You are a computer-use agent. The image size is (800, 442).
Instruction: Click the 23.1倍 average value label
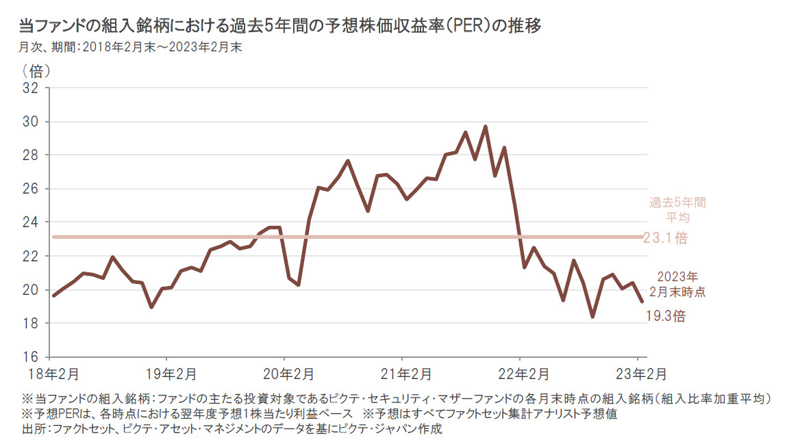click(665, 239)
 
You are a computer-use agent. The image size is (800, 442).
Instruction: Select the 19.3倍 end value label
click(666, 316)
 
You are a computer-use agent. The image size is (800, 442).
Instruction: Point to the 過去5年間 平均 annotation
click(677, 209)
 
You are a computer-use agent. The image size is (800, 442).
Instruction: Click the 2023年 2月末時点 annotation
click(677, 284)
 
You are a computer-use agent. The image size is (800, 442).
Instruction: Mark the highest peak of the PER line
click(485, 127)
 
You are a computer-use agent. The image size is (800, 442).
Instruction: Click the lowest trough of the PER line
click(592, 317)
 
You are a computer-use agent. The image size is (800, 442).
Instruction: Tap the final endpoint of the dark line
click(641, 301)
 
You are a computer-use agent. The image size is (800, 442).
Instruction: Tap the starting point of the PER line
click(53, 296)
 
